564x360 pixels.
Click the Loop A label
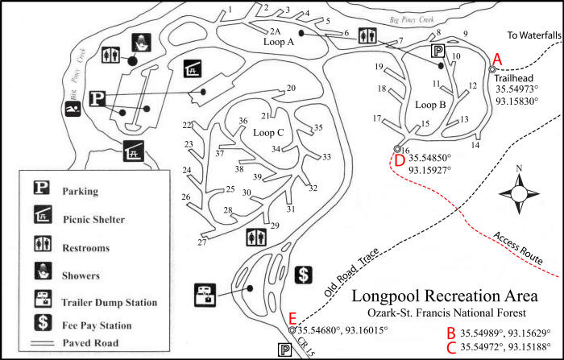pyautogui.click(x=279, y=42)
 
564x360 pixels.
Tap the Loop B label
pyautogui.click(x=430, y=105)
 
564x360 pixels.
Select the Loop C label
pyautogui.click(x=268, y=133)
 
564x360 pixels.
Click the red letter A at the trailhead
pyautogui.click(x=497, y=60)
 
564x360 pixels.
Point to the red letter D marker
pyautogui.click(x=400, y=161)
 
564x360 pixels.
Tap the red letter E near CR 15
pyautogui.click(x=292, y=319)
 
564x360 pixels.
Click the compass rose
pyautogui.click(x=519, y=194)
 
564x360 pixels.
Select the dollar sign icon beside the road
pyautogui.click(x=304, y=275)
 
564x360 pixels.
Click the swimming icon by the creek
pyautogui.click(x=73, y=109)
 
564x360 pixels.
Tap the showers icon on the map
pyautogui.click(x=141, y=43)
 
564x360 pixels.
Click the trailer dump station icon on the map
pyautogui.click(x=205, y=296)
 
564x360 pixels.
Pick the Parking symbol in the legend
pyautogui.click(x=42, y=188)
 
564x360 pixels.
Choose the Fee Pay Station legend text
pyautogui.click(x=97, y=325)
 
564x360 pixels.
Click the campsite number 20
pyautogui.click(x=291, y=88)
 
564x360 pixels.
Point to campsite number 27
pyautogui.click(x=202, y=242)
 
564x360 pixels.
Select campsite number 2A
pyautogui.click(x=276, y=31)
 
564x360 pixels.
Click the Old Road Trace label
pyautogui.click(x=351, y=272)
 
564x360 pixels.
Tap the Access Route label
pyautogui.click(x=518, y=248)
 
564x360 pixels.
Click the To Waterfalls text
pyautogui.click(x=534, y=35)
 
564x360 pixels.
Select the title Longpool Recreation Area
pyautogui.click(x=445, y=296)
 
